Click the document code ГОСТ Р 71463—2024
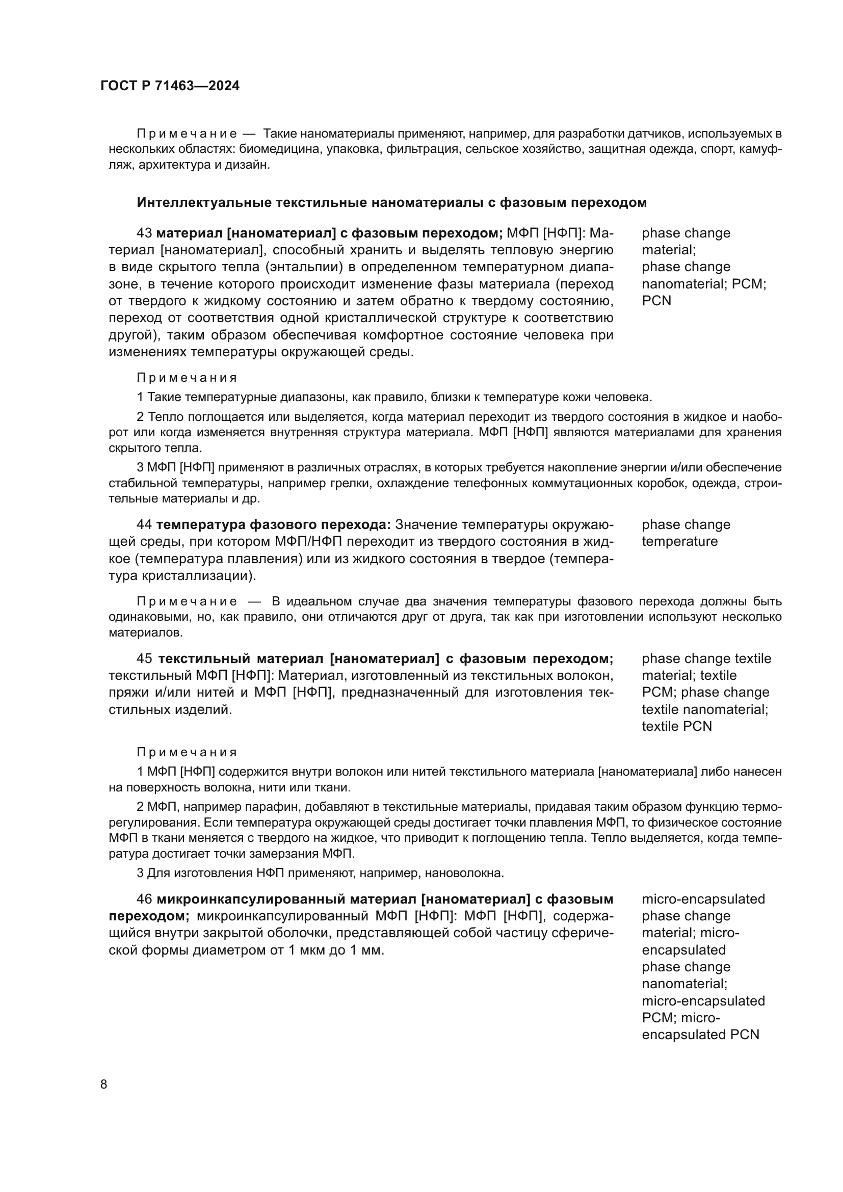tap(170, 86)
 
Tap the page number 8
tap(104, 1084)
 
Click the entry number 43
tap(144, 233)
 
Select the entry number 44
tap(144, 524)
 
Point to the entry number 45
tap(144, 658)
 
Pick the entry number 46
tap(144, 898)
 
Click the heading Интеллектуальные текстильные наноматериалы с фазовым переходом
tap(391, 202)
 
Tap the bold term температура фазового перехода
tap(273, 524)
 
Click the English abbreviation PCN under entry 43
tap(656, 301)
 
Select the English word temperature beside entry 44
tap(679, 541)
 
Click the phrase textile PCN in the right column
tap(676, 726)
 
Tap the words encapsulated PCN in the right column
tap(700, 1034)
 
